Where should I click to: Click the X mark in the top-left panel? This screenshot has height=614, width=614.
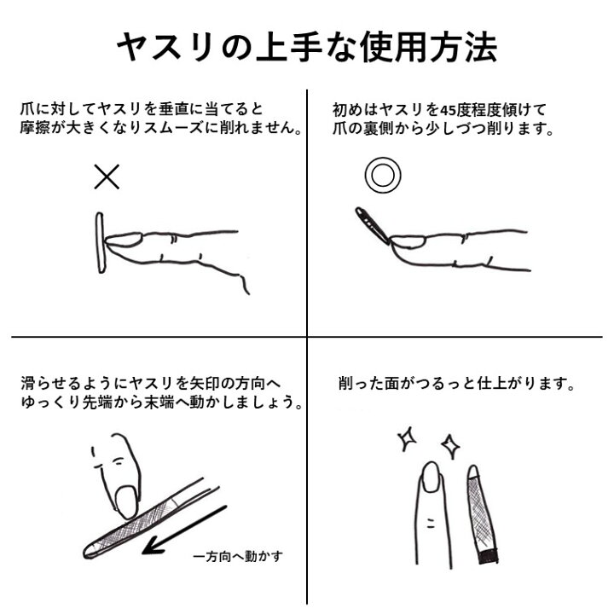107,177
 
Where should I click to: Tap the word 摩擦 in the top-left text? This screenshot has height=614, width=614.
37,130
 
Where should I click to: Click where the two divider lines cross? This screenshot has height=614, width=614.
307,336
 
